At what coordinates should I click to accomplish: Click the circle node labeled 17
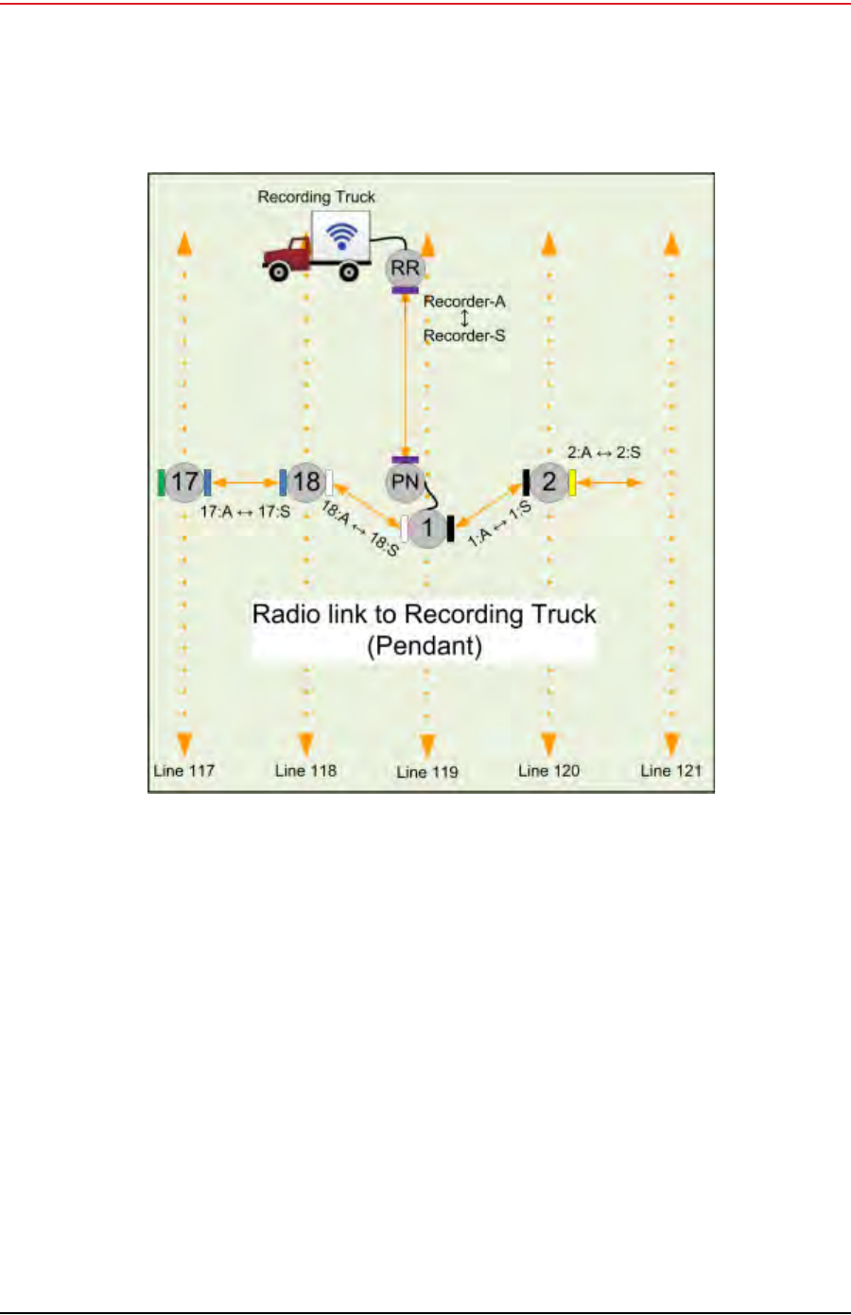pyautogui.click(x=184, y=482)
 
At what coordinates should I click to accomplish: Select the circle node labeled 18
pyautogui.click(x=305, y=482)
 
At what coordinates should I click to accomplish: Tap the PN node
pyautogui.click(x=405, y=482)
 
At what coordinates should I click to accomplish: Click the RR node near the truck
pyautogui.click(x=405, y=268)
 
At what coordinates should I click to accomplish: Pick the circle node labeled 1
pyautogui.click(x=427, y=528)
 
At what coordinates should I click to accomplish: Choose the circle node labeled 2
pyautogui.click(x=548, y=482)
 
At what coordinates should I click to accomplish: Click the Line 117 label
pyautogui.click(x=184, y=770)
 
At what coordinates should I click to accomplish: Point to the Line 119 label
pyautogui.click(x=427, y=772)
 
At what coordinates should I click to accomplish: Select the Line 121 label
pyautogui.click(x=670, y=770)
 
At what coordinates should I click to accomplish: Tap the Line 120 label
pyautogui.click(x=548, y=770)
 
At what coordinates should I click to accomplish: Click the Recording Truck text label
pyautogui.click(x=317, y=197)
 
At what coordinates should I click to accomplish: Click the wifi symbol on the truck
pyautogui.click(x=341, y=236)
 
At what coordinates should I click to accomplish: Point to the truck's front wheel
pyautogui.click(x=279, y=272)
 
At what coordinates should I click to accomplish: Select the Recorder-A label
pyautogui.click(x=464, y=302)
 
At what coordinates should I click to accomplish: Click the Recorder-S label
pyautogui.click(x=464, y=335)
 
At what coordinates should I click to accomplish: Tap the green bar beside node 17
pyautogui.click(x=162, y=482)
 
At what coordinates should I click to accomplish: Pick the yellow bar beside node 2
pyautogui.click(x=572, y=482)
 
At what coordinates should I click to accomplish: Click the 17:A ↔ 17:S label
pyautogui.click(x=245, y=512)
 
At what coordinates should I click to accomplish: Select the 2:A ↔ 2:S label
pyautogui.click(x=603, y=452)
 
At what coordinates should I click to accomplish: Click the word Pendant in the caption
pyautogui.click(x=425, y=646)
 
